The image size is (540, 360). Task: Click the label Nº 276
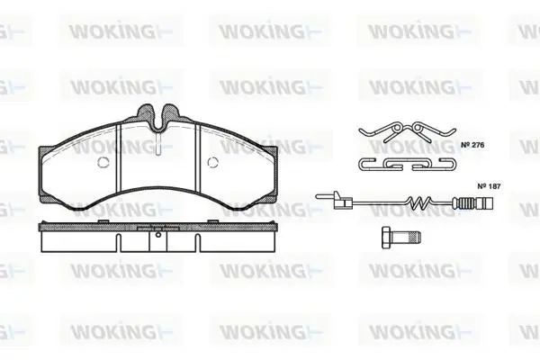472,145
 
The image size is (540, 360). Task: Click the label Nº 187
489,186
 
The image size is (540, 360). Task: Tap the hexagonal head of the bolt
387,237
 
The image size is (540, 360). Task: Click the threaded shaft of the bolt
407,237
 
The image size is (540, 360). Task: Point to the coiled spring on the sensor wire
419,202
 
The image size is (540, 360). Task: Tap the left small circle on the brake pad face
103,162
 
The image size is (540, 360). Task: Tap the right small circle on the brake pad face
212,162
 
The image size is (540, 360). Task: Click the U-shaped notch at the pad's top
158,121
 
